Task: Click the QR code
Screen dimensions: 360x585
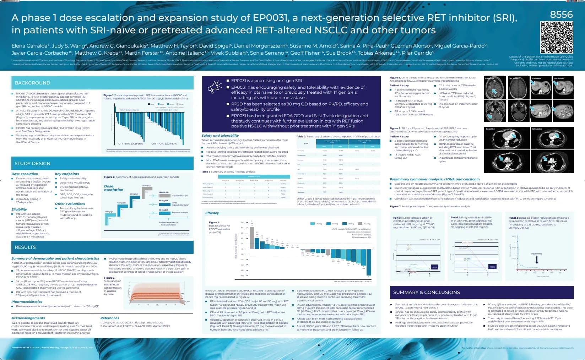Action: coord(557,37)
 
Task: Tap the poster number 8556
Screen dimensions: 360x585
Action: coord(561,15)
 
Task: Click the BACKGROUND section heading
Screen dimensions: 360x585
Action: coord(32,83)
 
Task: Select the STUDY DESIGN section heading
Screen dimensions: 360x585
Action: coord(32,163)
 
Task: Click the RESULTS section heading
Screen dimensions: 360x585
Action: coord(25,247)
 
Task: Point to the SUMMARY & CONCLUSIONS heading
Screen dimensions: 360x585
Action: coord(426,292)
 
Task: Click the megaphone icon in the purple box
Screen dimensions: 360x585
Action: coord(215,86)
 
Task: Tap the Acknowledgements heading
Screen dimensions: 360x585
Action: coord(28,318)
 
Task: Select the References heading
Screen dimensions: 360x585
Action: coord(110,318)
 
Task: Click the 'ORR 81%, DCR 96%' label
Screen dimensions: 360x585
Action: coord(130,144)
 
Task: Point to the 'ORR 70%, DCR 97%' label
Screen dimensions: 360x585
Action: coord(164,144)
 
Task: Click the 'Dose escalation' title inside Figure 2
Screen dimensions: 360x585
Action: coord(114,188)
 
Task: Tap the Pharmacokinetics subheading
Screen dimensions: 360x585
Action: coord(27,301)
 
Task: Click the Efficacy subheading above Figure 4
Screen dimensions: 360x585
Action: coord(212,213)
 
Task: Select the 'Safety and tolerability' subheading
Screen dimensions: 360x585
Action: coord(220,136)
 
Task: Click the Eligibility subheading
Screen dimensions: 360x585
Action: coord(19,209)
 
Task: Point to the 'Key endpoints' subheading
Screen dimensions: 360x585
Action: coord(67,174)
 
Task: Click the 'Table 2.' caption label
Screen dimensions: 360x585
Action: coord(301,136)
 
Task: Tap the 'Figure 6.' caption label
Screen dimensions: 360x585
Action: coord(395,129)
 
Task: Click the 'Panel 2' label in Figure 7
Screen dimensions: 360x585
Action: coord(456,217)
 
